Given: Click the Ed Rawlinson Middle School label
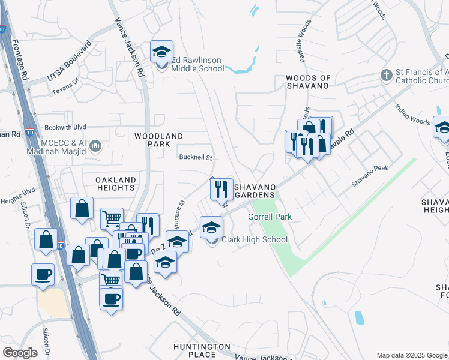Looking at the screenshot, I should coord(197,64).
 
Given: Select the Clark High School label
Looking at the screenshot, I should coord(255,240).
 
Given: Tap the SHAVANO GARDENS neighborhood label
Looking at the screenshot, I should coord(256,191).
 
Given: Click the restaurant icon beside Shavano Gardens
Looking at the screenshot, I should coord(221,189).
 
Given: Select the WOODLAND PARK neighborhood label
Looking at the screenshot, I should coord(158,140).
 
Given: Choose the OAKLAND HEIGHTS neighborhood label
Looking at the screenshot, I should coord(116,184).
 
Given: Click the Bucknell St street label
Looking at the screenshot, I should coord(196,158).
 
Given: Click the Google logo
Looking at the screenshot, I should coord(20,353).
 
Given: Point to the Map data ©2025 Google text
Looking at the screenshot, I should coord(411,355).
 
